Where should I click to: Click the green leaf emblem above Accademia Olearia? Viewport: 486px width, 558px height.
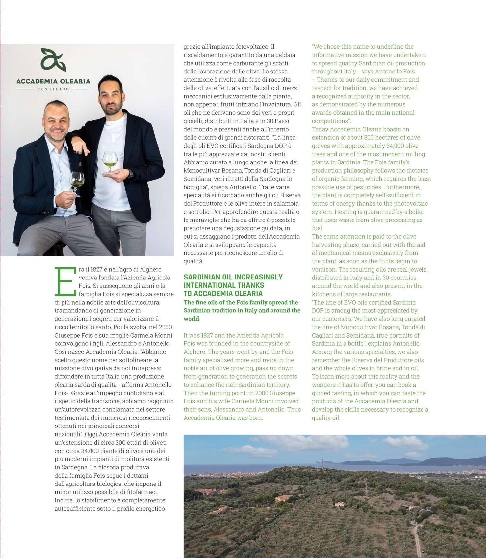coord(53,60)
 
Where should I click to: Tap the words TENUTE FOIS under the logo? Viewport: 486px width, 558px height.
coord(54,89)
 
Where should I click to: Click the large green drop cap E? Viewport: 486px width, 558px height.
coord(65,281)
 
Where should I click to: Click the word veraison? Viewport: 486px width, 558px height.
coord(323,269)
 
